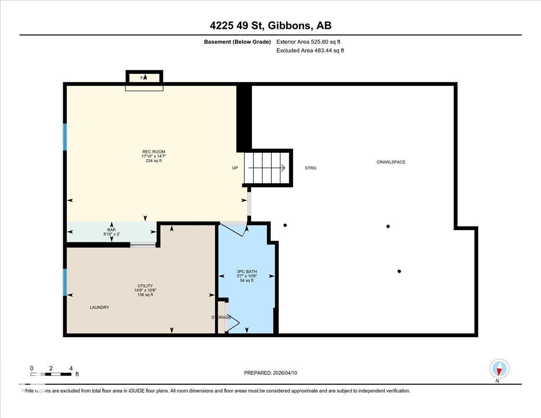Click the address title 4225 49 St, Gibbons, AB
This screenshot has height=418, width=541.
coord(270,26)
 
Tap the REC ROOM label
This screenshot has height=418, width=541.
coord(151,152)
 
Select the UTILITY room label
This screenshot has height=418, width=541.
coord(145,285)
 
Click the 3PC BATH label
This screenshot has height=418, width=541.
coord(247,271)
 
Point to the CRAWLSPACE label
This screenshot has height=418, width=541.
coord(391,162)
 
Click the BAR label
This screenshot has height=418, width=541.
coord(111,230)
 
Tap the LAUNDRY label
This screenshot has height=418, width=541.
coord(99,307)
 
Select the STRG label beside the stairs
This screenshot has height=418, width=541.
coord(310,168)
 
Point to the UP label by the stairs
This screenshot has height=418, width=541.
coord(235,168)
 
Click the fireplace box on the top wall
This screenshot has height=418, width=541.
coord(144,78)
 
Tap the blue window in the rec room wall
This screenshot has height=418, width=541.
coord(65,137)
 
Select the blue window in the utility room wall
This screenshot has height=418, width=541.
coord(65,282)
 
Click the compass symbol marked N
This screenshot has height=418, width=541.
coord(499,369)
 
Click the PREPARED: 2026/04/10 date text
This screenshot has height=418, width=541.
coord(270,373)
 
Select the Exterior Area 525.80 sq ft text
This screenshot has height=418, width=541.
coord(308,42)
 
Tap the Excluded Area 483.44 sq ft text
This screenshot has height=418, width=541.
coord(310,51)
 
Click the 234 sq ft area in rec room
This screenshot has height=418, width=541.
coord(151,161)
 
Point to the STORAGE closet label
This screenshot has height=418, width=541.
coord(221,317)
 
